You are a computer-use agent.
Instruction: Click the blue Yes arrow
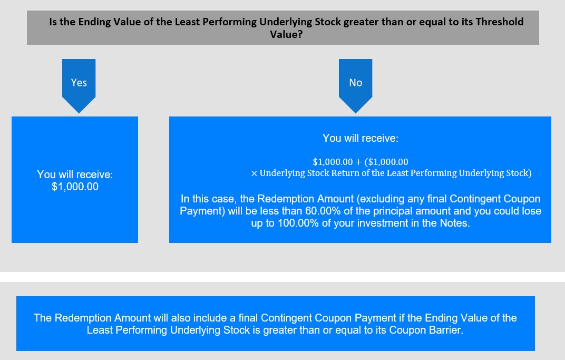pyautogui.click(x=79, y=86)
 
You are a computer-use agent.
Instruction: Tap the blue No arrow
pyautogui.click(x=356, y=86)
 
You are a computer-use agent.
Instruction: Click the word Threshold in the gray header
pyautogui.click(x=500, y=22)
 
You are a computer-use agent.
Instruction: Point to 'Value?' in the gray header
pyautogui.click(x=287, y=34)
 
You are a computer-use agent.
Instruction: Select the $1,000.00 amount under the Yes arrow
pyautogui.click(x=75, y=187)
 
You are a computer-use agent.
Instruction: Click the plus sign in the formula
pyautogui.click(x=358, y=162)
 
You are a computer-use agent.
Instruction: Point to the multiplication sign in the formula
pyautogui.click(x=254, y=174)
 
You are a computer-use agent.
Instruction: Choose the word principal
pyautogui.click(x=391, y=211)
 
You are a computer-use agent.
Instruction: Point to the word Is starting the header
pyautogui.click(x=53, y=22)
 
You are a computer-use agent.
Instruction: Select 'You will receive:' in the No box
pyautogui.click(x=361, y=138)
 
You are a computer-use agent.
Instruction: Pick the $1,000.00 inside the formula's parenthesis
pyautogui.click(x=388, y=162)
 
